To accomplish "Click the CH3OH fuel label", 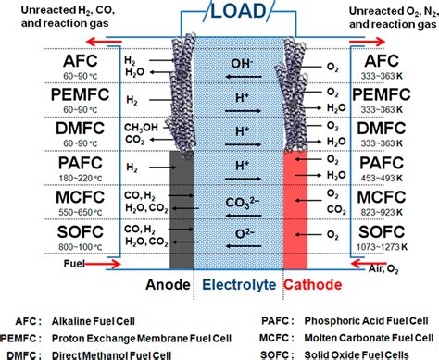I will coord(136,127).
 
